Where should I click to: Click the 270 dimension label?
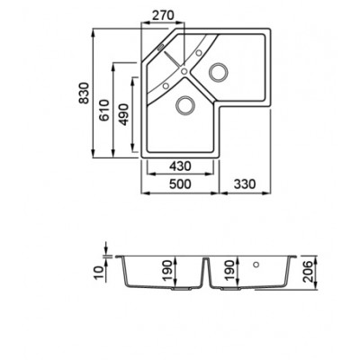click(163, 15)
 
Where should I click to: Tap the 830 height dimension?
click(84, 93)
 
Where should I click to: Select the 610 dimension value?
click(104, 111)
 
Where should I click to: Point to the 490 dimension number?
click(123, 114)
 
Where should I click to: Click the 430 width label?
click(180, 166)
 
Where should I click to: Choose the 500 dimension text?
click(180, 184)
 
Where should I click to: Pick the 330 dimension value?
click(245, 184)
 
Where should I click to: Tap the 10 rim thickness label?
click(99, 273)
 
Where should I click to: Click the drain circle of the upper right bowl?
click(218, 72)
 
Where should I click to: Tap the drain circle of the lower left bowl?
click(184, 104)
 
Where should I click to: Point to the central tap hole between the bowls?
click(184, 71)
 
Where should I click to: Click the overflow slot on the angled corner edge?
click(161, 48)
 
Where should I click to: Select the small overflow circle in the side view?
click(256, 265)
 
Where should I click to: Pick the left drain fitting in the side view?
click(181, 289)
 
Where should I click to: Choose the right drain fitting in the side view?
click(230, 289)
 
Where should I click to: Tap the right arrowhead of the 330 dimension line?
click(268, 193)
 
